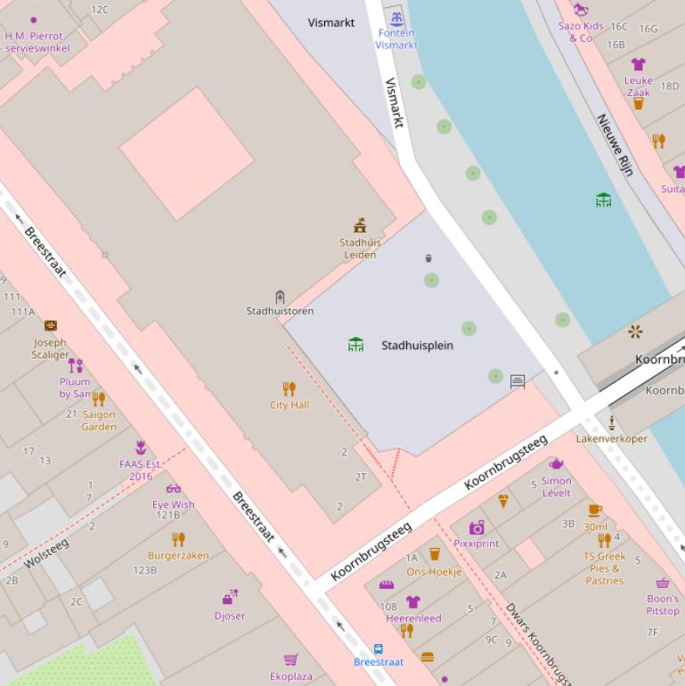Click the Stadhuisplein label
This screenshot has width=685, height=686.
click(417, 346)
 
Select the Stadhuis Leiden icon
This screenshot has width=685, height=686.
click(360, 225)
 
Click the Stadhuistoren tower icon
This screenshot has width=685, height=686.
click(280, 297)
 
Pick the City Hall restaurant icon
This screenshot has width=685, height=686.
click(289, 388)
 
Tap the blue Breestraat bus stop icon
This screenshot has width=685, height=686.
click(379, 649)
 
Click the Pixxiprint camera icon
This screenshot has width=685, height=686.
click(477, 527)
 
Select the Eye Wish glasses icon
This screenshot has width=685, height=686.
click(173, 488)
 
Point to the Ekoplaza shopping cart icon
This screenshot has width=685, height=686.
click(290, 660)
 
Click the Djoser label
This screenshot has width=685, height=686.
click(229, 616)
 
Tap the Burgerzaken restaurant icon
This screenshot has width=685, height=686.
click(178, 539)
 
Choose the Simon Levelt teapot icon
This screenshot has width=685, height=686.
click(556, 464)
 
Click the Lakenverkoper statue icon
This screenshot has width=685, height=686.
click(612, 422)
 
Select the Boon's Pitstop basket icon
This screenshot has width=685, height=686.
click(662, 584)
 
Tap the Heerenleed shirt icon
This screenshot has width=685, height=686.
click(412, 602)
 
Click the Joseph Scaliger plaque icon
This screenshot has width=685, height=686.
click(51, 326)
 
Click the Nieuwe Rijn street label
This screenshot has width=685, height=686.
click(615, 144)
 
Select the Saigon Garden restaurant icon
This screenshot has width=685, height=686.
click(98, 398)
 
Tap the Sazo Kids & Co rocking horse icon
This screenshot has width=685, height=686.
click(581, 10)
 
